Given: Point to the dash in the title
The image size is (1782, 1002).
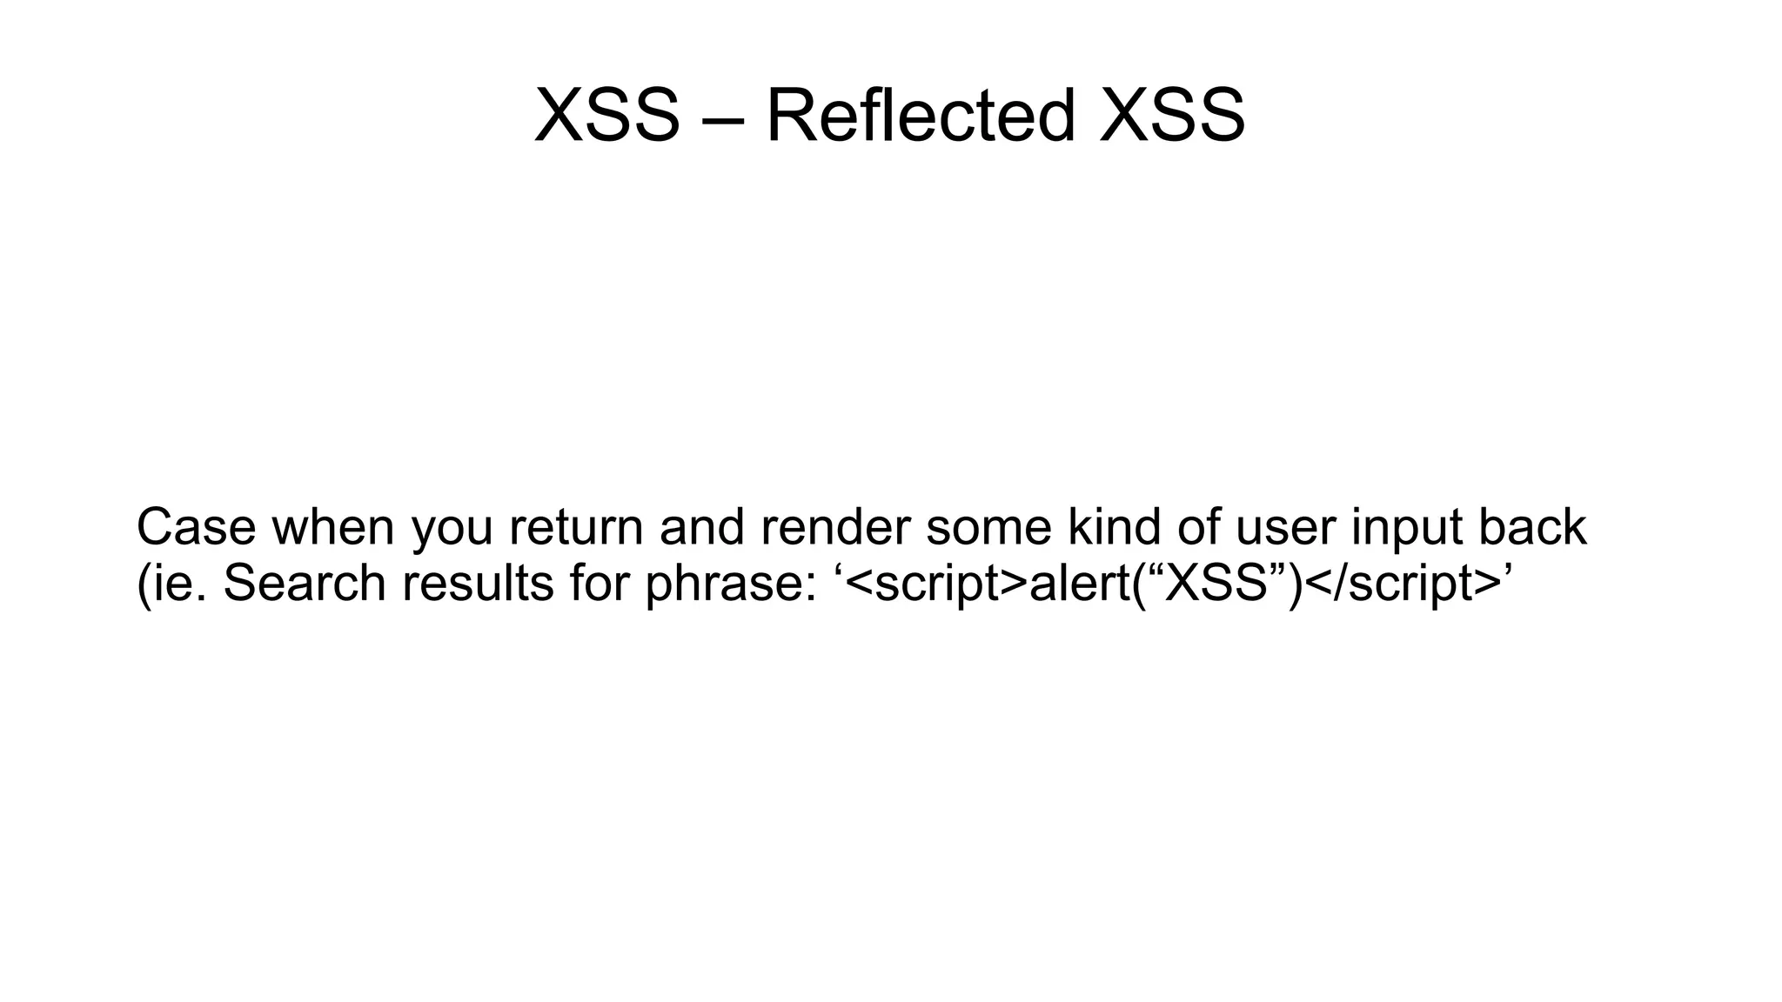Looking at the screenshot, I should coord(722,118).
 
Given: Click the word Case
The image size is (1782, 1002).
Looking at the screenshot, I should coord(197,527).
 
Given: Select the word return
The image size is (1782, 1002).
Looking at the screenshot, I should coord(576,527).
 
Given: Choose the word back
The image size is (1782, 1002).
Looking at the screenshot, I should coord(1532,527).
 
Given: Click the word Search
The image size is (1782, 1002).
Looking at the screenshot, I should coord(305,583).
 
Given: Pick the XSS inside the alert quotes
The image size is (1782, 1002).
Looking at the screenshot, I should coord(1216,583).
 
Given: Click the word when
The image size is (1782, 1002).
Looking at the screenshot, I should coord(333,527).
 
